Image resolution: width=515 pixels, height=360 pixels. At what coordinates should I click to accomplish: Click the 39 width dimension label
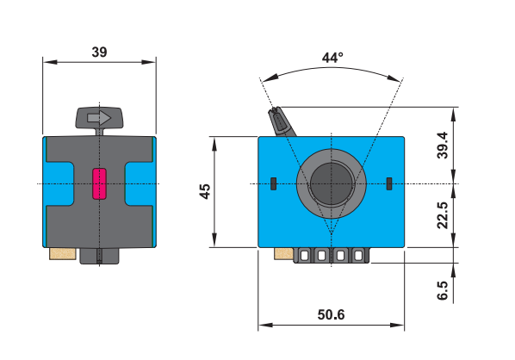tap(99, 52)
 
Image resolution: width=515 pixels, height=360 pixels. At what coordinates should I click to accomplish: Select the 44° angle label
tap(332, 58)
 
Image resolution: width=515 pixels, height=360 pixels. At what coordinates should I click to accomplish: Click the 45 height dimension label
tap(204, 191)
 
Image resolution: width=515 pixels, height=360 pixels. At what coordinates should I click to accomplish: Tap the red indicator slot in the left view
tap(99, 183)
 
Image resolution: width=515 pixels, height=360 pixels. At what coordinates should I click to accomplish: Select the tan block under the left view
tap(63, 253)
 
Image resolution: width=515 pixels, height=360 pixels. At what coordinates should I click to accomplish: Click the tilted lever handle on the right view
tap(281, 121)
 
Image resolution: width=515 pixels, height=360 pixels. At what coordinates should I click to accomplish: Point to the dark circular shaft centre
tap(330, 183)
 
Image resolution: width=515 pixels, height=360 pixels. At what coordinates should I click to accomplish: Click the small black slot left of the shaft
tap(273, 183)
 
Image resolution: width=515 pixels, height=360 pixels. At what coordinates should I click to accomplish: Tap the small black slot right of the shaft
tap(389, 183)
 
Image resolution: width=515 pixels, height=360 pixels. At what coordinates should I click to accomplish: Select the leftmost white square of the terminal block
tap(305, 256)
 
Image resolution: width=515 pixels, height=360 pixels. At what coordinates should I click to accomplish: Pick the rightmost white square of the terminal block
tap(357, 256)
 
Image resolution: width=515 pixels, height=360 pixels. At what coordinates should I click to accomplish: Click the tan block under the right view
tap(282, 253)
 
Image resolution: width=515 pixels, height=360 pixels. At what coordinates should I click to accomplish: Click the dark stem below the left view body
tap(100, 256)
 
